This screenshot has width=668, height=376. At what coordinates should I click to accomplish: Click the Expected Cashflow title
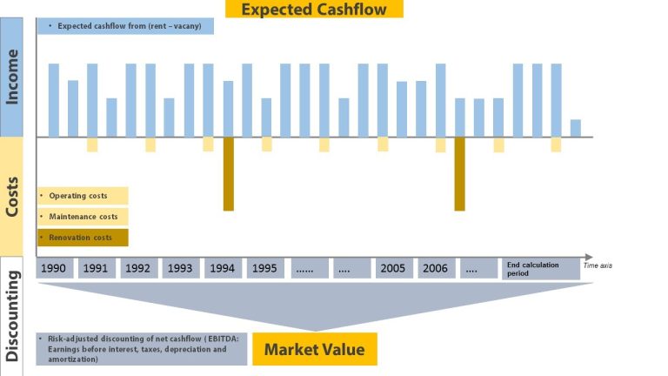(314, 10)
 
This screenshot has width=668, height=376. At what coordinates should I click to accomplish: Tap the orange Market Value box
(314, 350)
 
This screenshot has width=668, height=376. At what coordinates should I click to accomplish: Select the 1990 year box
(55, 268)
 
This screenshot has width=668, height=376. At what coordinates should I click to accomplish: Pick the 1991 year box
(97, 268)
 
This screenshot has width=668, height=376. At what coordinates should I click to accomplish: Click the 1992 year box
(138, 268)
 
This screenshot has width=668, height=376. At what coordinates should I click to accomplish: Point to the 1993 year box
(180, 268)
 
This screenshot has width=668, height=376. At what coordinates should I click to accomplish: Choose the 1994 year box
(223, 268)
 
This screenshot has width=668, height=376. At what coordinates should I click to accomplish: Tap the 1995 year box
(264, 268)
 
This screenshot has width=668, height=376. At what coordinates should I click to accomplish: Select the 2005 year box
(393, 268)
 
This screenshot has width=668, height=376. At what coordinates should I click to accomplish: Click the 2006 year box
(435, 268)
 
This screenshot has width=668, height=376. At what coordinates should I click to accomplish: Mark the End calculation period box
(540, 269)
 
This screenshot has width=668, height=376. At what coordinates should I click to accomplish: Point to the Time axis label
(604, 265)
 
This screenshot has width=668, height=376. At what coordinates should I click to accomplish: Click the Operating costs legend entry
(83, 196)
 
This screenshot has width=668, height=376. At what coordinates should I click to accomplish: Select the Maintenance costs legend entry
(83, 216)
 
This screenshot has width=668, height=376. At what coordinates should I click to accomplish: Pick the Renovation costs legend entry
(83, 237)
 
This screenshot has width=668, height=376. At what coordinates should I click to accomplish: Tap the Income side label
(12, 77)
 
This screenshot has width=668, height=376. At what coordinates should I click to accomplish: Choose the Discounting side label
(12, 315)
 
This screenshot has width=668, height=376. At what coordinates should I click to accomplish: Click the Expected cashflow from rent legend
(125, 26)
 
